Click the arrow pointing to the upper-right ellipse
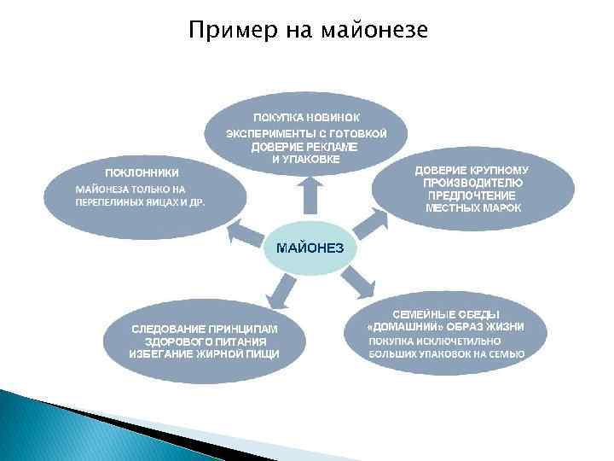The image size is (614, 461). [368, 224]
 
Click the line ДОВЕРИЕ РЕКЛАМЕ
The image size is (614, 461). [304, 147]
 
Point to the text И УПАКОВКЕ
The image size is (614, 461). [305, 160]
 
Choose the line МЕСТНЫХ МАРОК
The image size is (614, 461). [473, 207]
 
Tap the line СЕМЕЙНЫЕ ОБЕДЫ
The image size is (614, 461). [445, 314]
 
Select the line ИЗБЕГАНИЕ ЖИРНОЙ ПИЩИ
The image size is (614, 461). [205, 353]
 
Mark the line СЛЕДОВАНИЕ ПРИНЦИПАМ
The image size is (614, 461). [205, 328]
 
